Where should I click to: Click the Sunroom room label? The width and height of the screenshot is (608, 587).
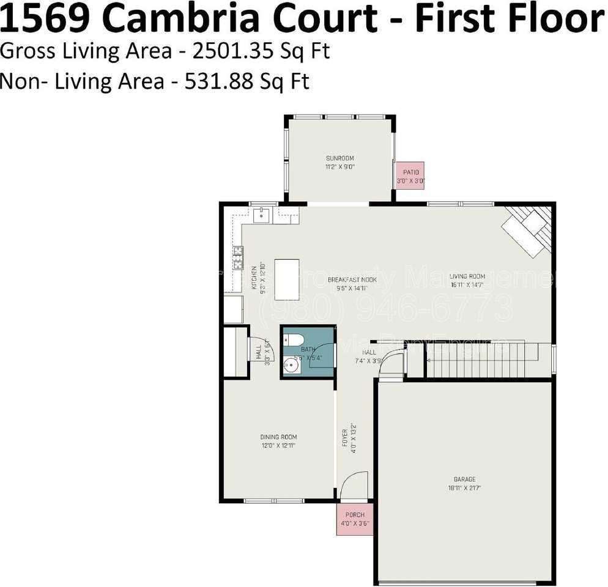point(339,158)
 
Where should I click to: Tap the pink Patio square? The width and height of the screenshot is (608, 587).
point(410,176)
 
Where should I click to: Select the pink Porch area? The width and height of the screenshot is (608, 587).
point(355,519)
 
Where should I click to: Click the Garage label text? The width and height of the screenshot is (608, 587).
point(464,479)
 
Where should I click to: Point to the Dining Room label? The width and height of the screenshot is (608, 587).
point(278,437)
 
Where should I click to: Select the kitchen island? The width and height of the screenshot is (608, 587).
point(287,279)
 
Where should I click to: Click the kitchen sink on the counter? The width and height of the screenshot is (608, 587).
point(262,214)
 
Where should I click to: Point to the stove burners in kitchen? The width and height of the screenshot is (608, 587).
point(237,257)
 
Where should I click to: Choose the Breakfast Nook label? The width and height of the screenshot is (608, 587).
point(352,279)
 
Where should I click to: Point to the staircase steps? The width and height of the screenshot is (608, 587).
point(481,360)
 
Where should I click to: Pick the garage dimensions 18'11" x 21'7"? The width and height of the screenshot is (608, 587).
point(464,488)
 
